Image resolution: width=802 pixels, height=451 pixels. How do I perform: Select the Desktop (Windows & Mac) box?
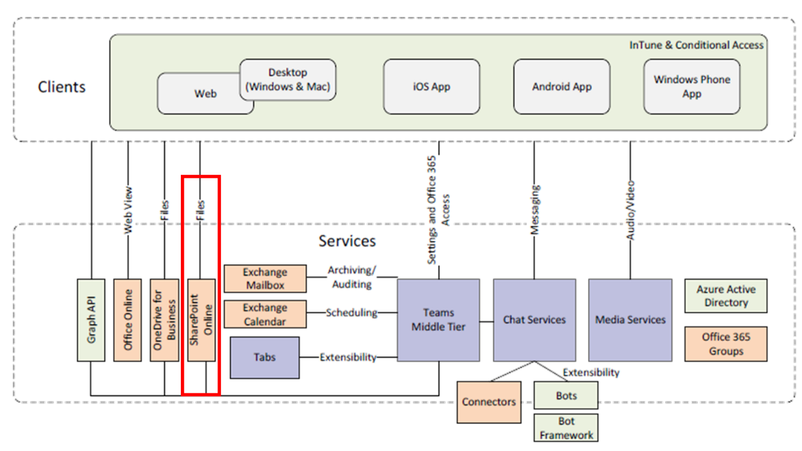pos(288,79)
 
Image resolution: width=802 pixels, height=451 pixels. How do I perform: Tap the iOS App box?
pos(431,86)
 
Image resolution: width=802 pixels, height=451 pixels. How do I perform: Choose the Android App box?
pos(562,86)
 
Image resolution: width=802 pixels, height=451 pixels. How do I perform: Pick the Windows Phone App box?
pos(691,86)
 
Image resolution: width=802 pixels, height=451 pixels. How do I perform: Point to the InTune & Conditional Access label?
pos(696,45)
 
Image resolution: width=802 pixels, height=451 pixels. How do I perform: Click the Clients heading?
pos(62,86)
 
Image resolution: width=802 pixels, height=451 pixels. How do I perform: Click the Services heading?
pos(347,241)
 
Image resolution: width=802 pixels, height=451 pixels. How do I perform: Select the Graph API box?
pos(91,319)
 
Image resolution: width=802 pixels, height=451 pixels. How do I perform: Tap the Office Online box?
pos(127,319)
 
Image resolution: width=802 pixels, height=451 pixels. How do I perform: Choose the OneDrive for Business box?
pos(164,319)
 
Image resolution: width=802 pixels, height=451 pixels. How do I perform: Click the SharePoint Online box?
pos(201,319)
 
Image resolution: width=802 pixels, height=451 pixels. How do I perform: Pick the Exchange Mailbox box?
pos(265,279)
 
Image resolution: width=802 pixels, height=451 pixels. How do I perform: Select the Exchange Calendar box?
pos(265,314)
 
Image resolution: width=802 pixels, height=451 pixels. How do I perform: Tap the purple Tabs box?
pos(264,357)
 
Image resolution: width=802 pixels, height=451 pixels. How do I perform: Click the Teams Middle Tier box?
pos(438,319)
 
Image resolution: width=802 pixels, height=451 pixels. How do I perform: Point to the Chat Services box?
pos(534,319)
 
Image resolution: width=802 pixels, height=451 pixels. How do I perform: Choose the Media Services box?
pos(630,319)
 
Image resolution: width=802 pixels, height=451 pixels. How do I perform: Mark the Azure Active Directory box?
pos(726,296)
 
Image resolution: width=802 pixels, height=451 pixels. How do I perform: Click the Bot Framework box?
pos(566,428)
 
